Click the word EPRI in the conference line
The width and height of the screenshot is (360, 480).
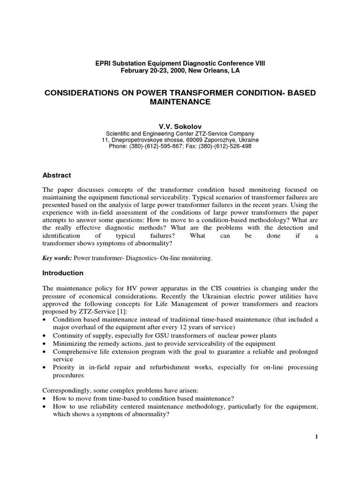point(103,63)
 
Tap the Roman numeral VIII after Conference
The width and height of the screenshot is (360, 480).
point(258,63)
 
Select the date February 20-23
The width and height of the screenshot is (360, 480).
point(143,71)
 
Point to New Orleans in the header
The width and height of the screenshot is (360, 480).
point(208,71)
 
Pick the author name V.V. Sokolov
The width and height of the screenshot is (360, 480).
point(180,126)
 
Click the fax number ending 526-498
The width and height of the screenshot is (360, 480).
point(229,146)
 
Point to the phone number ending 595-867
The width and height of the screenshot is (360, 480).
point(154,146)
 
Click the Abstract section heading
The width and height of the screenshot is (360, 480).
point(57,175)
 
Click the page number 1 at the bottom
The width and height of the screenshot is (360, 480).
point(316,437)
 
